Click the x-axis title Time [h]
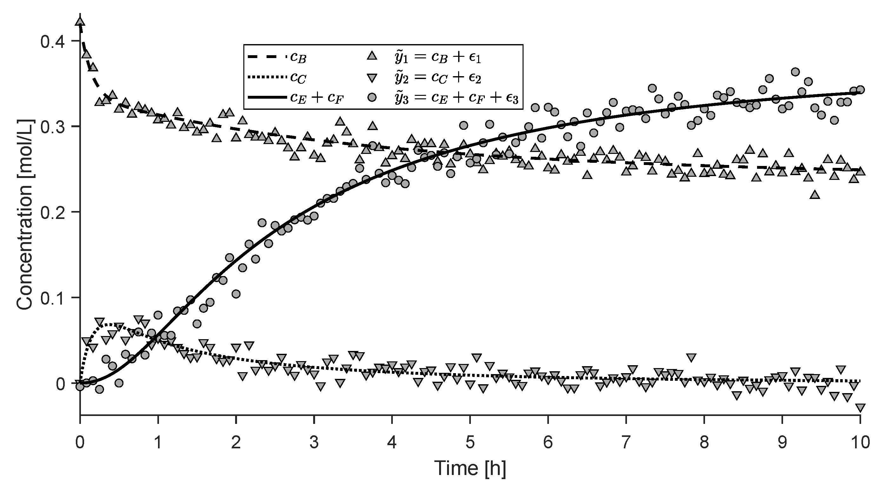pos(470,468)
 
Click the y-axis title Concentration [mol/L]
pos(25,214)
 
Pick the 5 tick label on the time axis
pos(470,442)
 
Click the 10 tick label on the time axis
pos(860,442)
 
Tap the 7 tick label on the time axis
pos(626,442)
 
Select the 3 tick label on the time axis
pos(314,442)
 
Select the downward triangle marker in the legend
pos(372,78)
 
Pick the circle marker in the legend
pos(372,98)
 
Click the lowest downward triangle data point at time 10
pos(860,407)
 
